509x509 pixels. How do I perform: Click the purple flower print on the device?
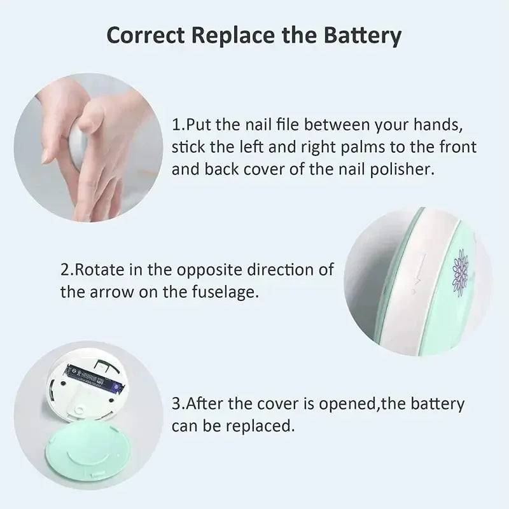tap(460, 270)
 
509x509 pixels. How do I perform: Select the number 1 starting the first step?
tap(176, 123)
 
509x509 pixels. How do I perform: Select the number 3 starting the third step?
tap(176, 403)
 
